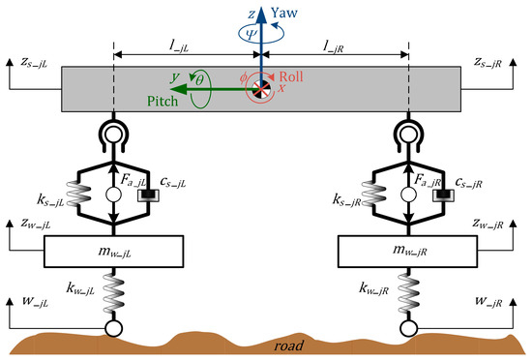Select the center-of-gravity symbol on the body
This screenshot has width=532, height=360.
pyautogui.click(x=261, y=89)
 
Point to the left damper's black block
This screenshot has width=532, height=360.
pyautogui.click(x=150, y=196)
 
